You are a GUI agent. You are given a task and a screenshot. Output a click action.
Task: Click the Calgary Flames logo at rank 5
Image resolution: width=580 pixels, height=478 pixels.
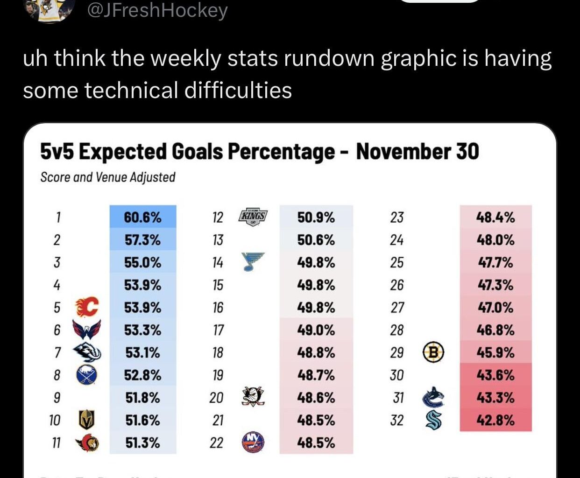[87, 307]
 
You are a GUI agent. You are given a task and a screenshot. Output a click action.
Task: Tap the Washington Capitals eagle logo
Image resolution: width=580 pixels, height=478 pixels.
[87, 330]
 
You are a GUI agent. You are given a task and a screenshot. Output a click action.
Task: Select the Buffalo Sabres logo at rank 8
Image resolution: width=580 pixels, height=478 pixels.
[86, 375]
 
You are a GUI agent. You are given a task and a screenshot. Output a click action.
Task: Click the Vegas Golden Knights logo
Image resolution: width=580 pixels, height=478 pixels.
[86, 420]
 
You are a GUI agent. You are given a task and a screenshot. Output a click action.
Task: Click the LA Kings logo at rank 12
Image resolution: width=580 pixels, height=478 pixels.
[253, 218]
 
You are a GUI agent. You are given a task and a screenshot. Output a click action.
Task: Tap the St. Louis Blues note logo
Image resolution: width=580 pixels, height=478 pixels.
[253, 262]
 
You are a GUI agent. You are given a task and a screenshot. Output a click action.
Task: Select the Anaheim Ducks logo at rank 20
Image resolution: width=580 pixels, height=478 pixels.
[253, 397]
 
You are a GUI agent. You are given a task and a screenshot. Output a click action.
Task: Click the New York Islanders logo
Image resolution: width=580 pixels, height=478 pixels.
[253, 442]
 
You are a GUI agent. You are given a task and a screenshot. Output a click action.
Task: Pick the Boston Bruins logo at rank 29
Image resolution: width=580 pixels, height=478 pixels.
[433, 352]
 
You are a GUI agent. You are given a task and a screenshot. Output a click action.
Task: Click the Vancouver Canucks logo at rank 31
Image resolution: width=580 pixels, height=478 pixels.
[433, 397]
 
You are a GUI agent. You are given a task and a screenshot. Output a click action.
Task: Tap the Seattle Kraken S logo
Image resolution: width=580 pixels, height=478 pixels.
[433, 420]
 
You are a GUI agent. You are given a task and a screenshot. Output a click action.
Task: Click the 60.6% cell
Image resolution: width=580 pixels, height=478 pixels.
[142, 218]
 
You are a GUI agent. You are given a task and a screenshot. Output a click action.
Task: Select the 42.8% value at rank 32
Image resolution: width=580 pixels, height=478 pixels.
[495, 420]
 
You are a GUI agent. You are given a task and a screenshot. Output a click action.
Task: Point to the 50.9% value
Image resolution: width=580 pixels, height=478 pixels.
[316, 218]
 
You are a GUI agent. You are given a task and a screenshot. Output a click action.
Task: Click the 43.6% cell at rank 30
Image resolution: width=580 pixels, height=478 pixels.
[495, 375]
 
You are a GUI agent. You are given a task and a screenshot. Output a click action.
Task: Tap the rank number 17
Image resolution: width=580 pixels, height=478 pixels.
[218, 330]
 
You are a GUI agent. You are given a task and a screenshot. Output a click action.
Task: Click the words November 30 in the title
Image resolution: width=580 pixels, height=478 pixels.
[417, 152]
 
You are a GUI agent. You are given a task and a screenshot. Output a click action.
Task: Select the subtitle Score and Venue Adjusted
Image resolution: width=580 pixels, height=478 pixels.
[108, 177]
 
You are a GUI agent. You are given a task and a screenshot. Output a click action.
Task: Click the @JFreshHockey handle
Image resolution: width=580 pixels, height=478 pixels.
[157, 10]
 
